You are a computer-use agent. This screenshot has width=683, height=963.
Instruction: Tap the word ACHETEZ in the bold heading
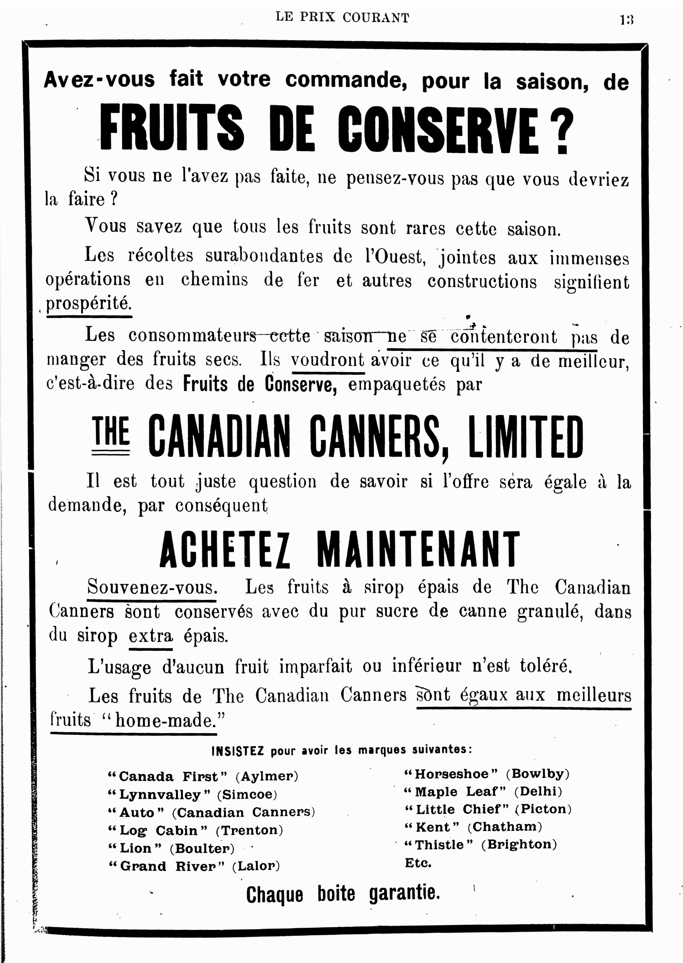click(x=225, y=549)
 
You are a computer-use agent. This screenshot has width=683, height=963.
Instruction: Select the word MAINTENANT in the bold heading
click(x=418, y=549)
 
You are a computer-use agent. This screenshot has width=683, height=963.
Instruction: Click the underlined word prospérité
click(x=89, y=303)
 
